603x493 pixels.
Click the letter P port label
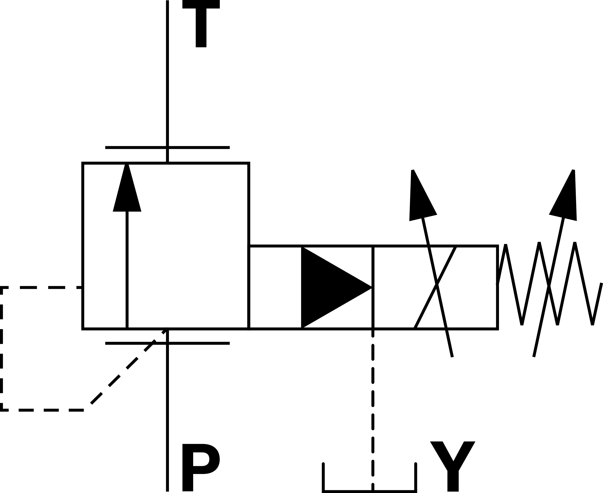199,467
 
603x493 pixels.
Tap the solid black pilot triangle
330,287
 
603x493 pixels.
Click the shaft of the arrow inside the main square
127,270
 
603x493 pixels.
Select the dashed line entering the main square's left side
43,288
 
